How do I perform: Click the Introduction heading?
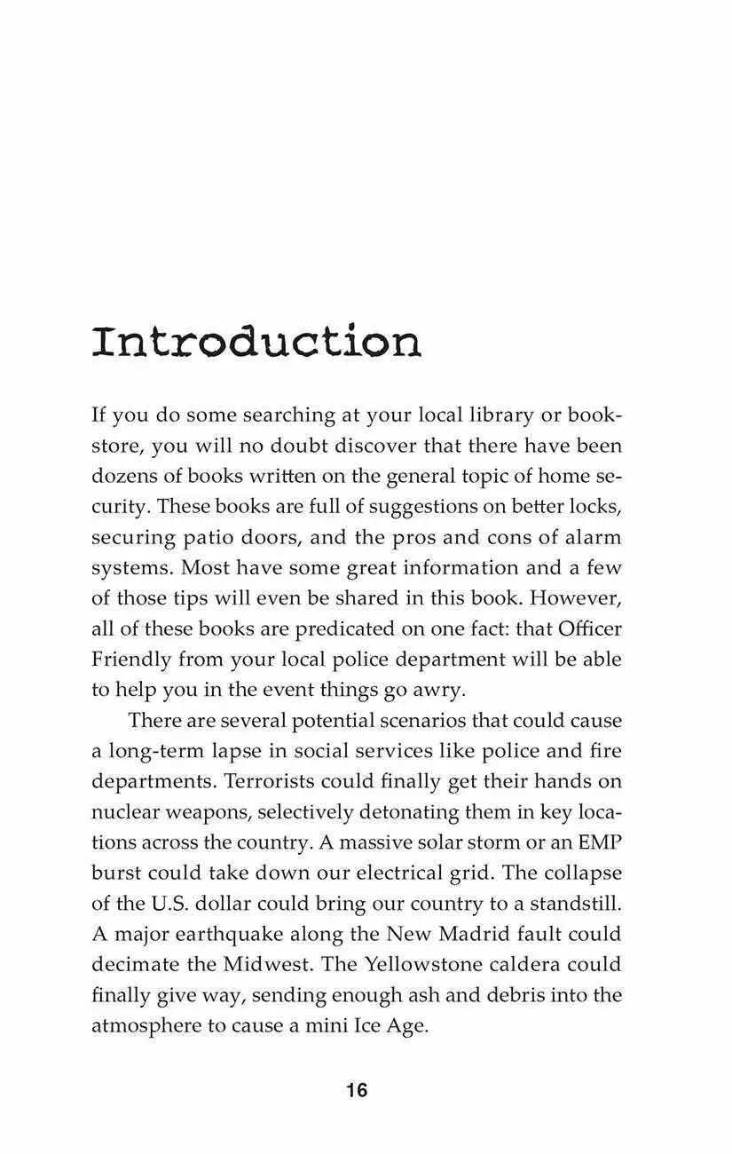click(x=256, y=342)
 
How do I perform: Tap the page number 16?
click(x=357, y=1091)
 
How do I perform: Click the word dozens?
click(x=123, y=476)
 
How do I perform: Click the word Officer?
click(x=590, y=628)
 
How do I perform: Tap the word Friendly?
click(x=130, y=660)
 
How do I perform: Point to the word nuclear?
click(x=124, y=812)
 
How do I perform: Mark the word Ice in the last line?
click(x=350, y=1025)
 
